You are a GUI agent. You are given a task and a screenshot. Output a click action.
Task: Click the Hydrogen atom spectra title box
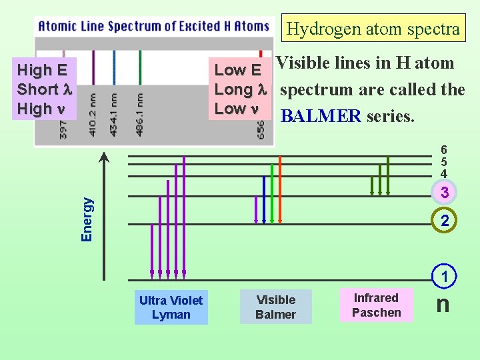[373, 29]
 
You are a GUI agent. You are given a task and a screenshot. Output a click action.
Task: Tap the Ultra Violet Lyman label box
[171, 307]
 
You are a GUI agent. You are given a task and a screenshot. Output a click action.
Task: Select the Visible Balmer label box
[275, 307]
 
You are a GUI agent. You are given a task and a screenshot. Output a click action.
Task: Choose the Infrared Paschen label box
[376, 305]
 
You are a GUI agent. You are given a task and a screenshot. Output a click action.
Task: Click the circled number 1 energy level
[444, 276]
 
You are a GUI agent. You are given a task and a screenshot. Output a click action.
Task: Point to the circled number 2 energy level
[444, 221]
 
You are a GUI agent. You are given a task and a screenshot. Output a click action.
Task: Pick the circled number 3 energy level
[444, 193]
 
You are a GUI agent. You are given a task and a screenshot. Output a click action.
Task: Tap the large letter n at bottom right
[443, 304]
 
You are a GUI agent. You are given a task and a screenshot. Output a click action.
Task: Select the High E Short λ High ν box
[44, 89]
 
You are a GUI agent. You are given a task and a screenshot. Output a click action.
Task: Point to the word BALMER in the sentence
[321, 116]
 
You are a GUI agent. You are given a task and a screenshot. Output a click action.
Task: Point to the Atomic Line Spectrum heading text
[154, 27]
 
